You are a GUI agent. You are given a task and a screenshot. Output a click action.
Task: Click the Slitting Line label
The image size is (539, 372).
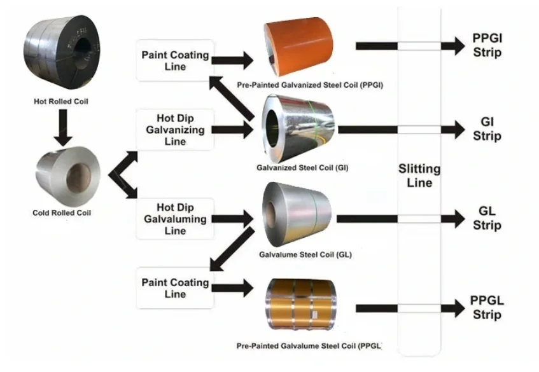419,176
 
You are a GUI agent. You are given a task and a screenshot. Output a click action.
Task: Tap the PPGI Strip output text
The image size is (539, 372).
487,45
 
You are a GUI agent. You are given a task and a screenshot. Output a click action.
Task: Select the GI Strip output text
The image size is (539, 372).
487,128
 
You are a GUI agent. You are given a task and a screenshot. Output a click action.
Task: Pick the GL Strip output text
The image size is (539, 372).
487,219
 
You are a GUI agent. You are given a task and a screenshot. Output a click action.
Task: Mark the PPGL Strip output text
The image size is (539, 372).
487,308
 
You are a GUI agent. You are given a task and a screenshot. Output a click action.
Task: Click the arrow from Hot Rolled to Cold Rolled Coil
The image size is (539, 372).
62,127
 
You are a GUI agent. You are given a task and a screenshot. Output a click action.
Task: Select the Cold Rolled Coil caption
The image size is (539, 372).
62,213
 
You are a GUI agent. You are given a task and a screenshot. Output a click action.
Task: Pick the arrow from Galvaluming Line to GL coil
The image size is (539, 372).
232,219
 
